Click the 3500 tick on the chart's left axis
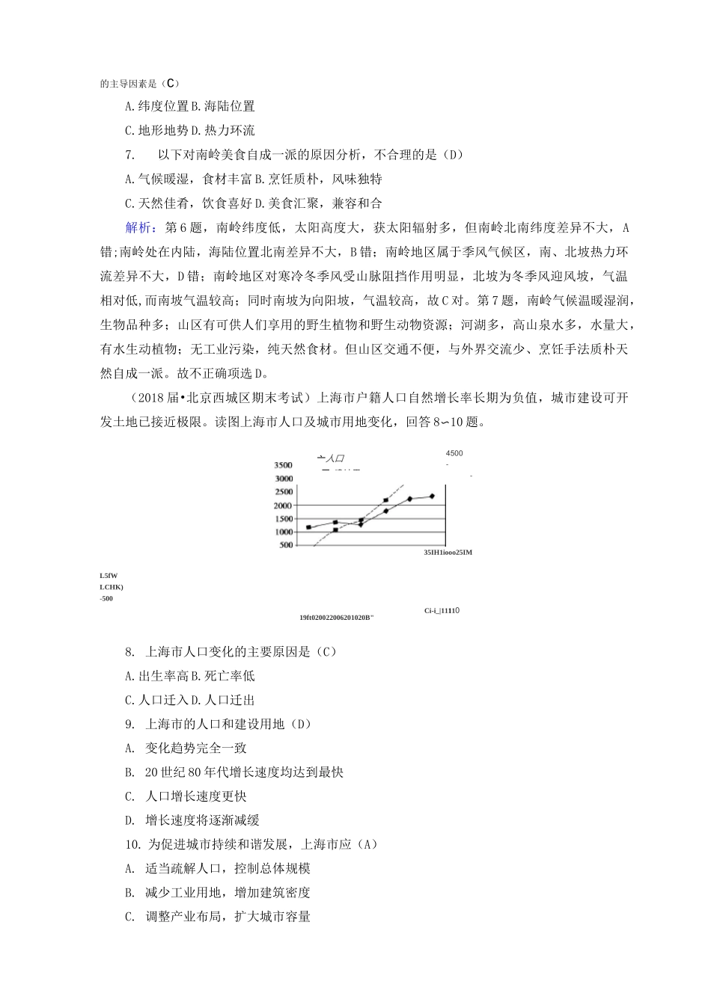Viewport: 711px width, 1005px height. [x=283, y=465]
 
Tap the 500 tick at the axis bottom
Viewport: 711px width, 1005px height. [x=285, y=545]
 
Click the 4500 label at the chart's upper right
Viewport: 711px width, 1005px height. [x=454, y=453]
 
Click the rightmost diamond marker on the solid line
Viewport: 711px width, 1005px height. [x=432, y=496]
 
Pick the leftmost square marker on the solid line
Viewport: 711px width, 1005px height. [x=308, y=527]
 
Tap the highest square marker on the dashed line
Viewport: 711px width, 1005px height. [x=385, y=500]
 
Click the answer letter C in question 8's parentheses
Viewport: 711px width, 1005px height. [x=323, y=652]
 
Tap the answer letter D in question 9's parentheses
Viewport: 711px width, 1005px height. [x=298, y=724]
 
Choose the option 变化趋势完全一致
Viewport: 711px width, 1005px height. [x=195, y=748]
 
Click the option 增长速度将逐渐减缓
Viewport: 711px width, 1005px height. [x=202, y=820]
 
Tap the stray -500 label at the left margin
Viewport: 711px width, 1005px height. [x=106, y=598]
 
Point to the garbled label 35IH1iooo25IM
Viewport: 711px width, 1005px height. [x=448, y=553]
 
